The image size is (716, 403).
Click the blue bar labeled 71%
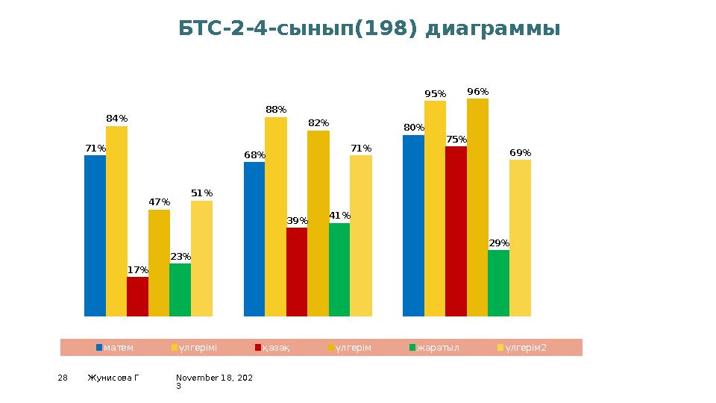[x=95, y=235]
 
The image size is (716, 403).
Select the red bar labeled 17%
[x=137, y=296]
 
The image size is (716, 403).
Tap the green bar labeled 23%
[x=180, y=290]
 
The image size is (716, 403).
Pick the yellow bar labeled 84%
[x=116, y=221]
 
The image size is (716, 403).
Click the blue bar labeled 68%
[x=254, y=239]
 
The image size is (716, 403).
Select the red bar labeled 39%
[x=297, y=272]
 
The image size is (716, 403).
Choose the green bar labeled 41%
[x=339, y=269]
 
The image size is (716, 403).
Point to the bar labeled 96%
[x=477, y=207]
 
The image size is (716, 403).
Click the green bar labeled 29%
[x=498, y=283]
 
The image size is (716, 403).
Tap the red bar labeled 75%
[x=456, y=231]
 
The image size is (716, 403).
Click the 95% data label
[x=436, y=94]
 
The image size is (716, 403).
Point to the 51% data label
[x=201, y=193]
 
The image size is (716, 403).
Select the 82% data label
[x=318, y=123]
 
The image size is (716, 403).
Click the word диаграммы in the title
[x=492, y=29]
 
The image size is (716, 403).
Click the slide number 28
[x=63, y=378]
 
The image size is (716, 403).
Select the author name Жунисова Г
[x=113, y=378]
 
